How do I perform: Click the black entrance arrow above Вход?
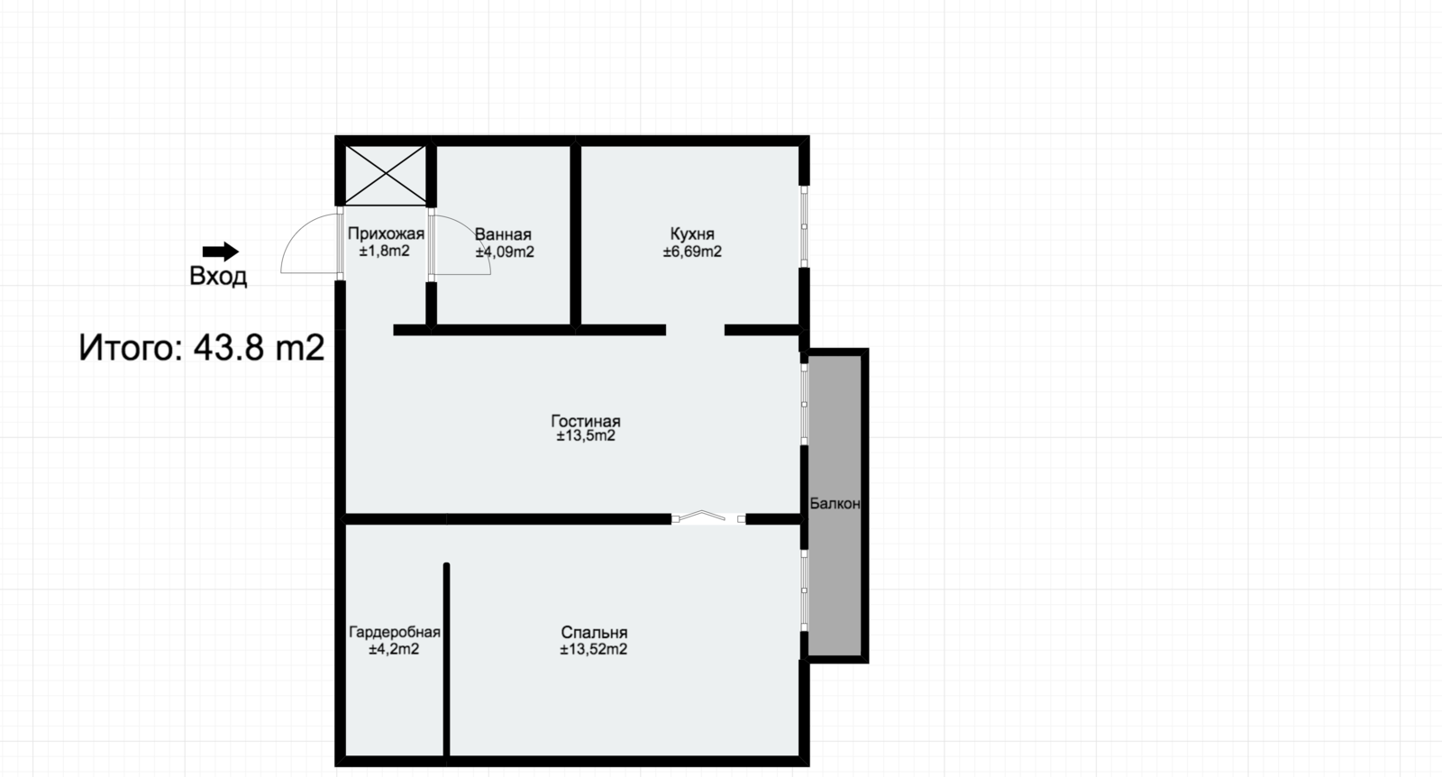221,251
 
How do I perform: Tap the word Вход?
218,276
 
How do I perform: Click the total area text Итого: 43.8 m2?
202,348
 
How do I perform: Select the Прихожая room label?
387,233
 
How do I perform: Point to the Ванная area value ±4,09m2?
505,252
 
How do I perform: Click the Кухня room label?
692,233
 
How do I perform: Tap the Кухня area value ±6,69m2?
692,251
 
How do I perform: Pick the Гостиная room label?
586,421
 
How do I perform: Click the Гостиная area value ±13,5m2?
586,435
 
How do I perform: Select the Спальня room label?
594,632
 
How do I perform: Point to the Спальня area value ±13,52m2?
594,649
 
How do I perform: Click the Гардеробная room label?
395,632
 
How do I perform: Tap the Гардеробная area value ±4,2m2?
394,649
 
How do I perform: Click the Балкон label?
835,503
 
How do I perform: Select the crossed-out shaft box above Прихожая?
386,176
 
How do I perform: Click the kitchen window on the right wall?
804,226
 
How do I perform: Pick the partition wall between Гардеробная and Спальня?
446,660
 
